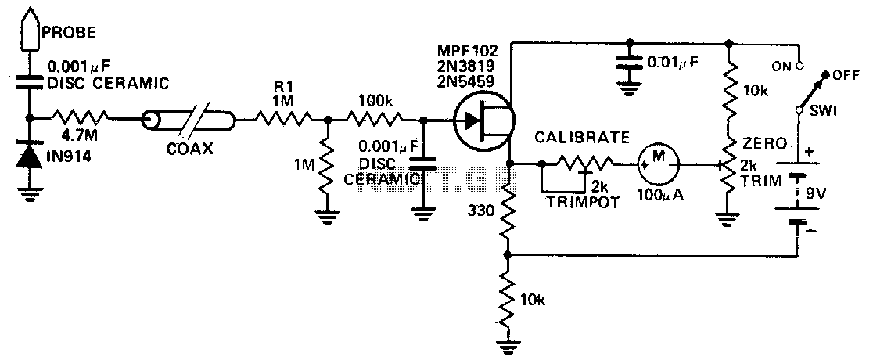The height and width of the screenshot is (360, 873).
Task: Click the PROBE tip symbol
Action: (x=30, y=30)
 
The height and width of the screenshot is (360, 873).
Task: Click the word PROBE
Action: (x=70, y=32)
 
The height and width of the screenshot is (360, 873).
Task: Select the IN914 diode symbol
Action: (x=30, y=157)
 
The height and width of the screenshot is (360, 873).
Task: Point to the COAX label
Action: (x=189, y=150)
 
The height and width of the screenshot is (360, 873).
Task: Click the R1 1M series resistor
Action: (x=283, y=119)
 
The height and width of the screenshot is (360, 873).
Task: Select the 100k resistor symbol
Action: (x=374, y=119)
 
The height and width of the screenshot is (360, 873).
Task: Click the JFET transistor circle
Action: (x=483, y=119)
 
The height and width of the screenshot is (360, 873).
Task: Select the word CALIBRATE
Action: (x=582, y=138)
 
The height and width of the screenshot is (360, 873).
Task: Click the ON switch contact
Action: (x=799, y=65)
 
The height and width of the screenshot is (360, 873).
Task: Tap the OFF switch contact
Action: (x=826, y=74)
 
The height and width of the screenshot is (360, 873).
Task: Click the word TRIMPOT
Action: (x=582, y=202)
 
